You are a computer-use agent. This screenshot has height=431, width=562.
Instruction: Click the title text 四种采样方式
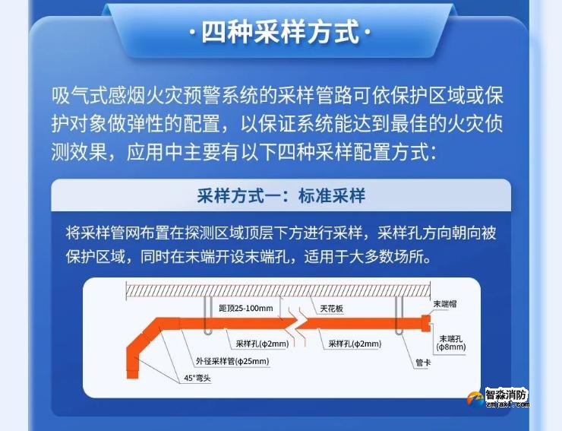(x=281, y=33)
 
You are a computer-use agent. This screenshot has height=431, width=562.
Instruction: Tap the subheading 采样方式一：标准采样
(x=281, y=196)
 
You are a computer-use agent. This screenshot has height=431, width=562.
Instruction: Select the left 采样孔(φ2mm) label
(x=257, y=344)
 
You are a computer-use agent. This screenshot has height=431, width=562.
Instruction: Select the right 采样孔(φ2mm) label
(x=355, y=344)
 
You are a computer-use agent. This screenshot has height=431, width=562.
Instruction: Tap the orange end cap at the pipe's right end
(x=426, y=322)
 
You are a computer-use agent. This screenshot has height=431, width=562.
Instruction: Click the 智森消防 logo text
(x=507, y=395)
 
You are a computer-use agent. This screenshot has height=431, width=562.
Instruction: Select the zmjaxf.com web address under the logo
(x=504, y=405)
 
